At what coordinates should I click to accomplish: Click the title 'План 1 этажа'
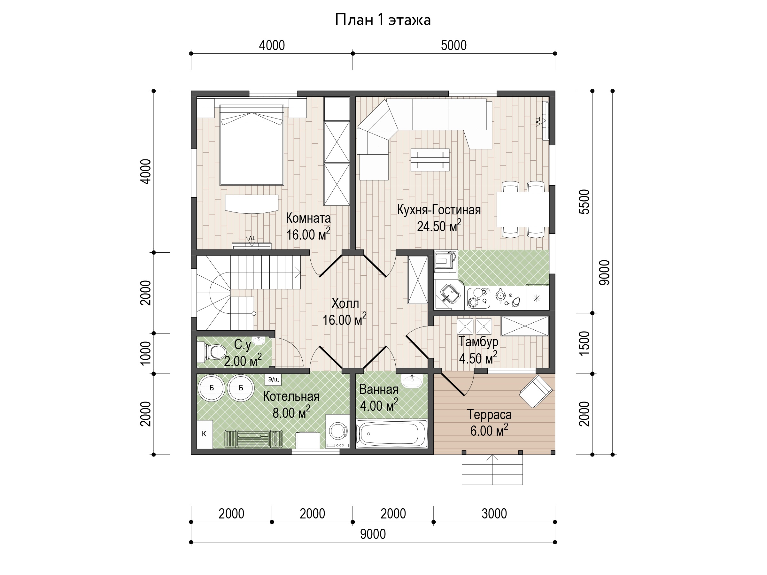(x=383, y=20)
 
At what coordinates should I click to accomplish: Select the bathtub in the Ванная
(x=392, y=433)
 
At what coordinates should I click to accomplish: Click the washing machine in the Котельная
(x=338, y=431)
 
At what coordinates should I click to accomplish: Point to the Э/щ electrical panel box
(x=273, y=379)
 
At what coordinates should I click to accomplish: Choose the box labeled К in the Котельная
(x=205, y=434)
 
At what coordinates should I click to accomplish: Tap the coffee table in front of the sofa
(x=430, y=160)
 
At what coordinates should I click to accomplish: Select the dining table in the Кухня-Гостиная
(x=523, y=209)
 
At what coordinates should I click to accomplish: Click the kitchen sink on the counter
(x=450, y=295)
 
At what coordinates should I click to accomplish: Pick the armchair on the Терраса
(x=536, y=391)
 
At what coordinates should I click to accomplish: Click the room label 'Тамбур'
(x=478, y=341)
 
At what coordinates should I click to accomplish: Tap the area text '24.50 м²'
(x=439, y=226)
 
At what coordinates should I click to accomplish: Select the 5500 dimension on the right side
(x=584, y=202)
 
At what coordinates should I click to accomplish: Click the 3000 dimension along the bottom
(x=494, y=513)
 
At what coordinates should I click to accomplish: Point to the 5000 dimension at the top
(x=453, y=45)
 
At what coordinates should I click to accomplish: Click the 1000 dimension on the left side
(x=146, y=353)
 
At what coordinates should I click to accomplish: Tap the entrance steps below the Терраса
(x=492, y=469)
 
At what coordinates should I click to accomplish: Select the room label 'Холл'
(x=345, y=303)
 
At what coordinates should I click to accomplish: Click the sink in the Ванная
(x=412, y=381)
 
